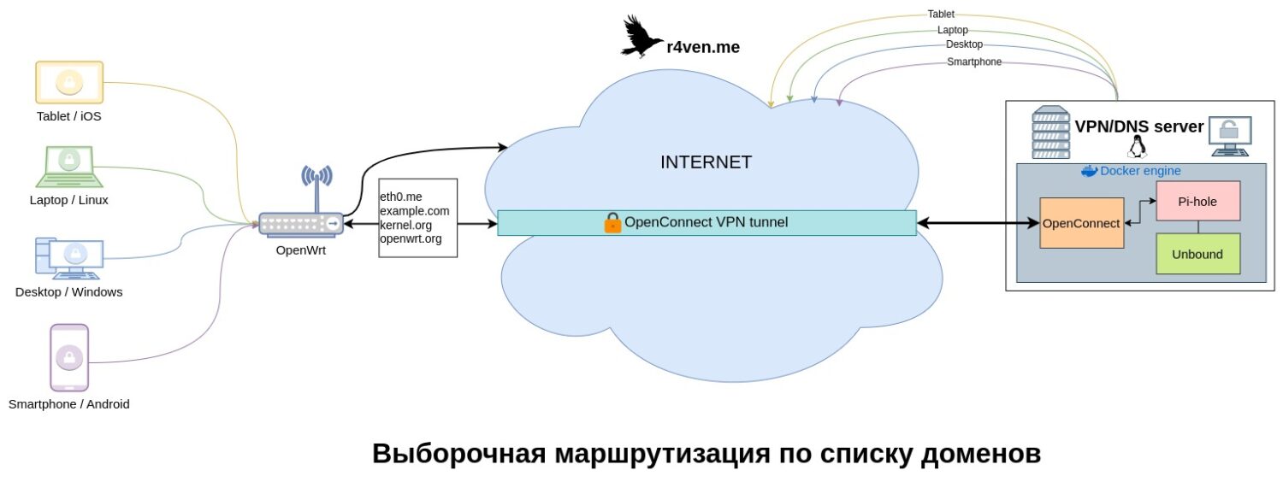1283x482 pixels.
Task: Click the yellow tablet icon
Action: (68, 83)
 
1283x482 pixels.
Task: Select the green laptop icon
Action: (68, 166)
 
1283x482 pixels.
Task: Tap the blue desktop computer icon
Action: (69, 257)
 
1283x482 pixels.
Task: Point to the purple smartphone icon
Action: (69, 357)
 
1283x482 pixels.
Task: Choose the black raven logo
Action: (642, 37)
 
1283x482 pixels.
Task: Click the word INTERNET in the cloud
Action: (706, 162)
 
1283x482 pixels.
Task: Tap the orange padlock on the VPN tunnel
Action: (612, 223)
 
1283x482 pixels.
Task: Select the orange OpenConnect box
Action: (1081, 223)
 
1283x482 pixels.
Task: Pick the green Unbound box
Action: (1197, 254)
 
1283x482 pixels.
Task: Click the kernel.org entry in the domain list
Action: (405, 225)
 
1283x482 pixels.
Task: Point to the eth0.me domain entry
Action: (401, 197)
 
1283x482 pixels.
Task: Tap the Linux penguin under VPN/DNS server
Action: (1137, 149)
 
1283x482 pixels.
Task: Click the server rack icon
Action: (1050, 132)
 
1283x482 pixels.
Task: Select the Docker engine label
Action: (1139, 171)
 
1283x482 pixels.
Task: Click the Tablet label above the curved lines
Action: (941, 14)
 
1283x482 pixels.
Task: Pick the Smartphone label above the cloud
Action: (974, 62)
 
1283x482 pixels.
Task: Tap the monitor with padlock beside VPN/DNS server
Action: (1229, 134)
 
